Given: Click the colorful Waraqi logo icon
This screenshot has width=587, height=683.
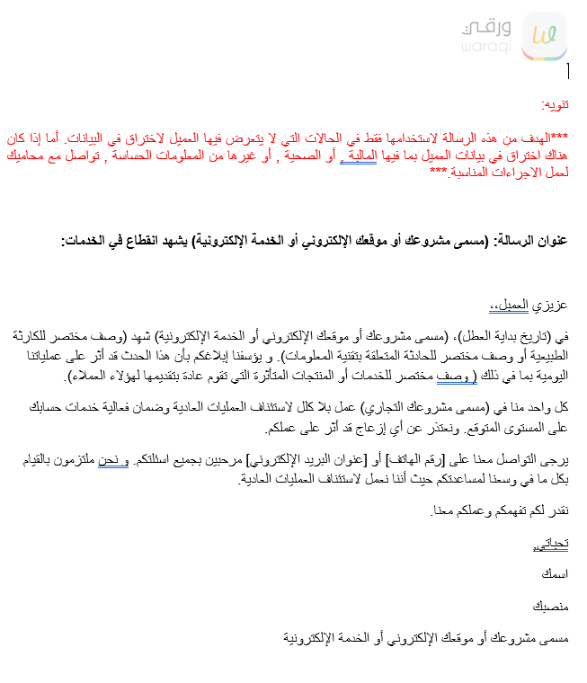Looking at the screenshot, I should coord(543,35).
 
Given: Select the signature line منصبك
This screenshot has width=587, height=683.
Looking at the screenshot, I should coord(550,606).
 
